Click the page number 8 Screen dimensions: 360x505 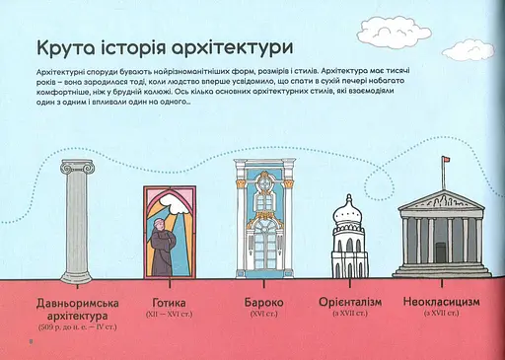18,343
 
